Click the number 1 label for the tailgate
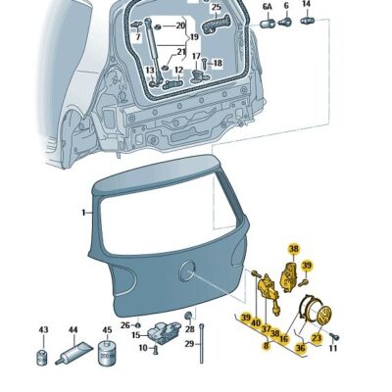coord(84,213)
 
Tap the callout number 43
coord(44,330)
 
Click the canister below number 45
coord(107,353)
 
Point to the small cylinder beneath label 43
coord(43,357)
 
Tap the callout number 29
coord(189,344)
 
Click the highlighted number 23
coord(317,338)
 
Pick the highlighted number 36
coord(301,348)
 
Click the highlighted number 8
coord(267,345)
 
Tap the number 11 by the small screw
coord(332,349)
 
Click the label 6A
coord(268,6)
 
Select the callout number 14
coord(306,4)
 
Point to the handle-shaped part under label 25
coord(216,24)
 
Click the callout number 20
coord(180,25)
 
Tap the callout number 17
coord(196,56)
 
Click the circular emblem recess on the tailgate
coord(187,271)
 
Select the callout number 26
coord(125,325)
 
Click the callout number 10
coord(143,348)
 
